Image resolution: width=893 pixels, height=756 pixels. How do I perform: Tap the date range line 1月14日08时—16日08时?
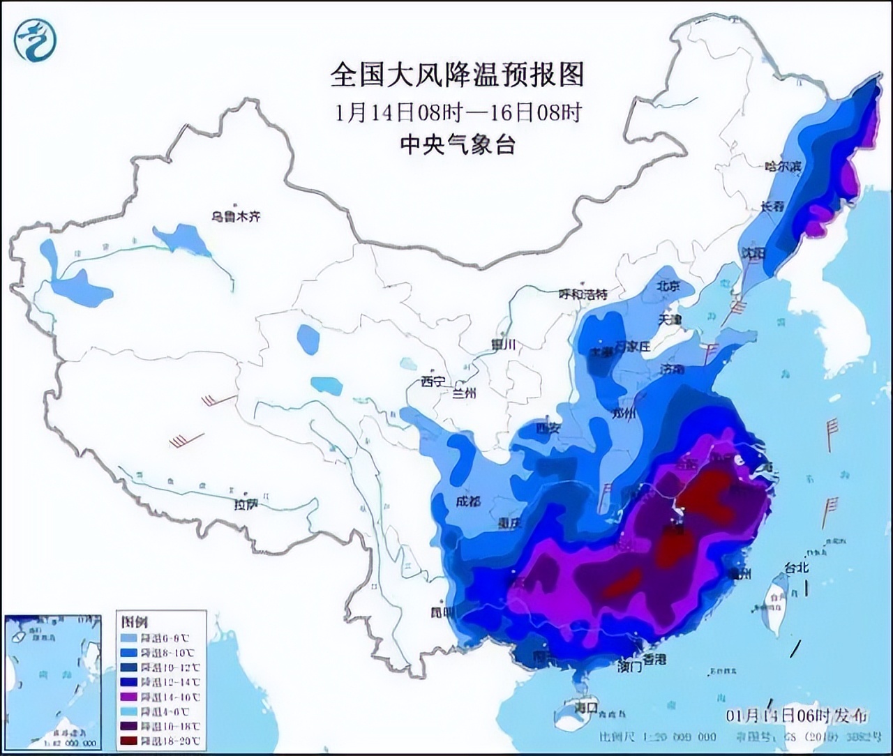coord(458,112)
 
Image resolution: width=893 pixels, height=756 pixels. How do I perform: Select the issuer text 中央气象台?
coord(457,144)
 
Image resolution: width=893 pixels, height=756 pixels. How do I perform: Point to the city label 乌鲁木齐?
coord(236,217)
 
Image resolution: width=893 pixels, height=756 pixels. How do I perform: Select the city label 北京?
coord(668,286)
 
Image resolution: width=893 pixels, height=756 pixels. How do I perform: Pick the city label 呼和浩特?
coord(583,294)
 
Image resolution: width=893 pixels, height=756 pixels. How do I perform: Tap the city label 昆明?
coord(442,612)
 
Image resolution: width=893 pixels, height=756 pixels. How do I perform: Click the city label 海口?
coord(587,706)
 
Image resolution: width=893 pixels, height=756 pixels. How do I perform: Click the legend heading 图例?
coord(135,621)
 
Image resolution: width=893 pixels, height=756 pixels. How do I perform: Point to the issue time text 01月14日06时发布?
coord(797,716)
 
